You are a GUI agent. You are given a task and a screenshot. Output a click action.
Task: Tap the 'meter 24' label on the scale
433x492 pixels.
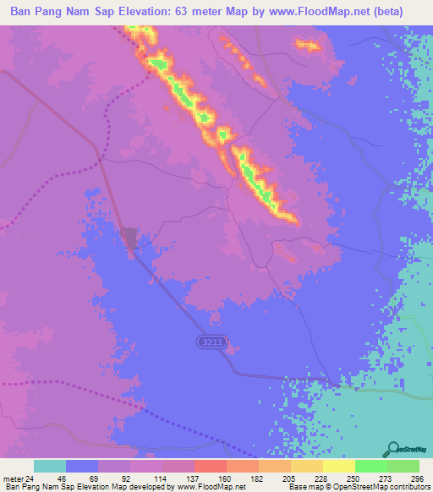(17, 478)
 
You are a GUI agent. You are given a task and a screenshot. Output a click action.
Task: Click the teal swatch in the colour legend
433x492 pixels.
(49, 466)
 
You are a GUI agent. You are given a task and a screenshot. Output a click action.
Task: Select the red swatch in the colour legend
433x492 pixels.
(210, 466)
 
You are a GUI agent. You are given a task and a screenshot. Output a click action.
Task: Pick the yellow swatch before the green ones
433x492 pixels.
(338, 466)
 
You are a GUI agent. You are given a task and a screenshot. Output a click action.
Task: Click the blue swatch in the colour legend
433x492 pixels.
(82, 466)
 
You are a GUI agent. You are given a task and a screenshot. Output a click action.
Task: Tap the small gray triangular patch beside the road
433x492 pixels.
(129, 238)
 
